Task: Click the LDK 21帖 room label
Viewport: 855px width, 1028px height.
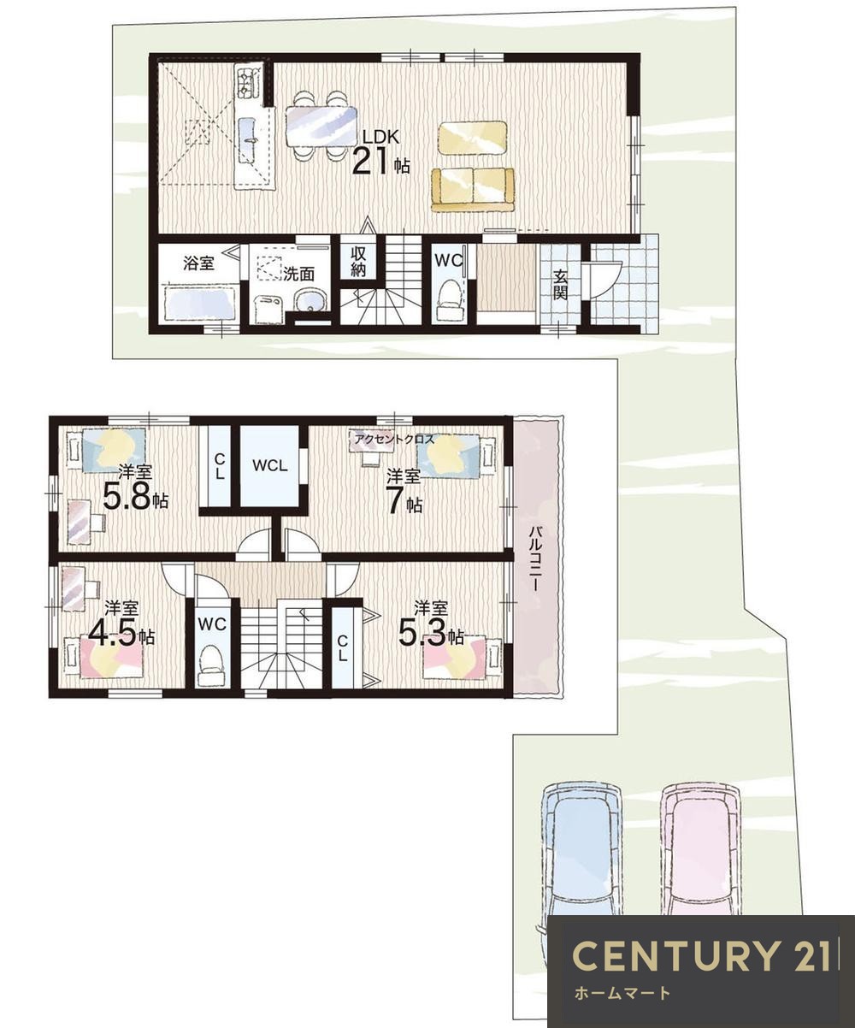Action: point(380,151)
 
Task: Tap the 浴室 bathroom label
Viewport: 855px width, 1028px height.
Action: point(199,263)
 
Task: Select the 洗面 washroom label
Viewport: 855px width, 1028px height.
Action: point(298,274)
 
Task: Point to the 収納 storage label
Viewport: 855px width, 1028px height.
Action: point(358,262)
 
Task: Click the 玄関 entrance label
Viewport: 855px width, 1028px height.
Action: point(560,284)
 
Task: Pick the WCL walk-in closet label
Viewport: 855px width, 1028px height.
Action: point(270,465)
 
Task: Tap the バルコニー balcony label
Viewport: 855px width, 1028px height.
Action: point(537,558)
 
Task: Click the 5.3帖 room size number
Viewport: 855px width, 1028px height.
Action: point(431,634)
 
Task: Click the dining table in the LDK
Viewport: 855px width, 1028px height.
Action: point(321,126)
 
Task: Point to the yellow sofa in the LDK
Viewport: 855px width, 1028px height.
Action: point(473,190)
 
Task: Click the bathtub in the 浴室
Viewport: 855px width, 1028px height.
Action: point(200,304)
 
